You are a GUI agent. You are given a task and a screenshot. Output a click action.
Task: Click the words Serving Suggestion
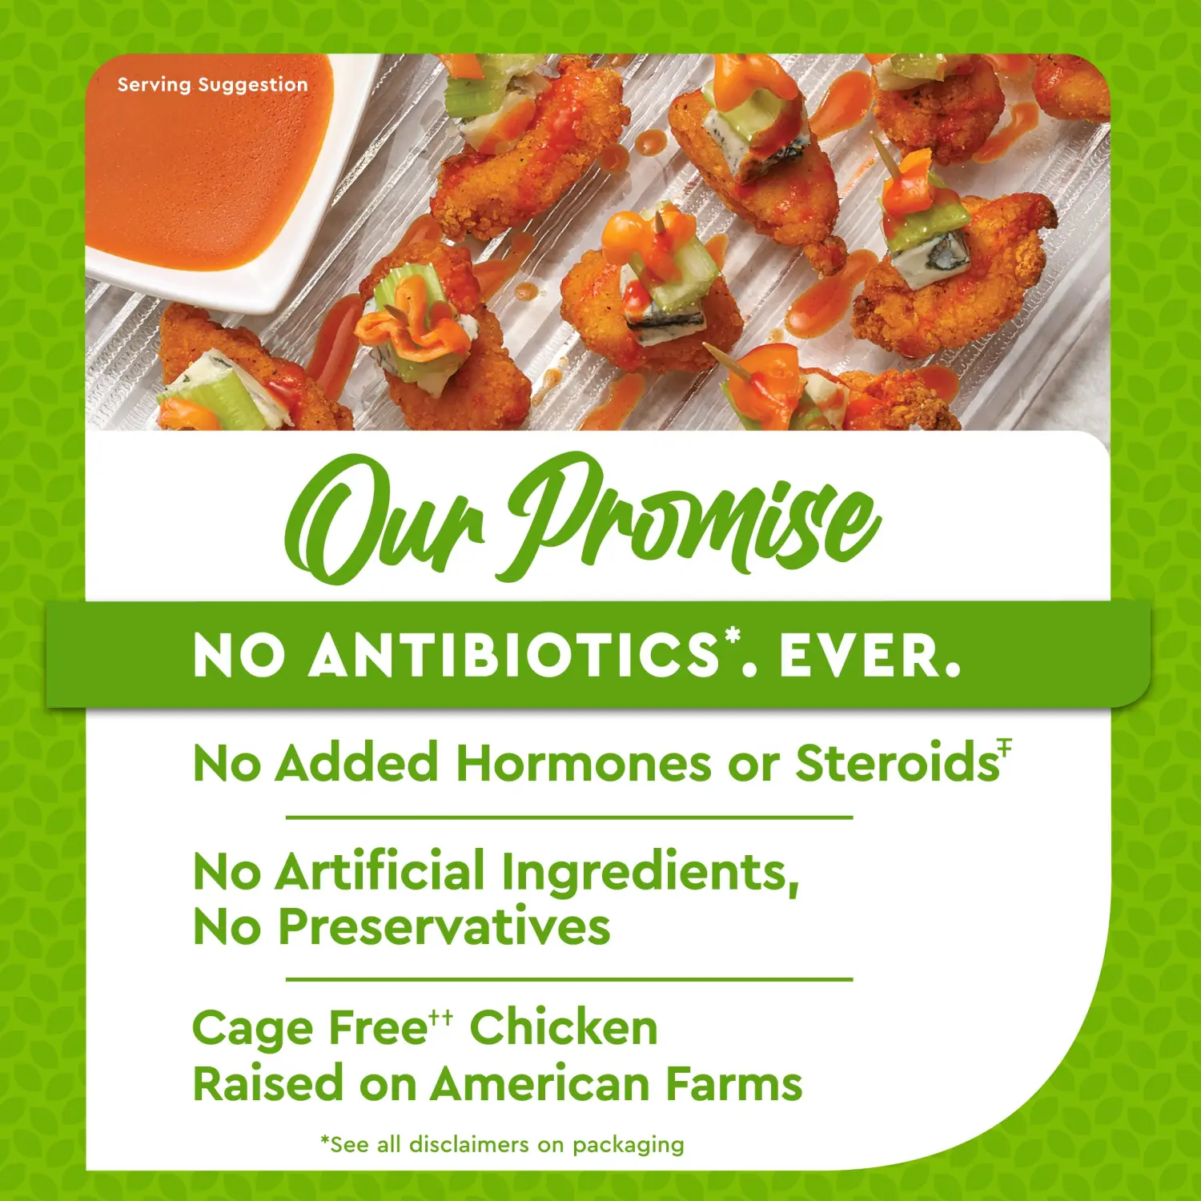point(212,85)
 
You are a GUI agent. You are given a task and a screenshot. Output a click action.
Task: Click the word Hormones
point(584,762)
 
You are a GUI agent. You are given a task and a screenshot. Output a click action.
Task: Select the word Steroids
point(897,762)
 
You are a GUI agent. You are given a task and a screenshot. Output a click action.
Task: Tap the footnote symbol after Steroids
point(1006,746)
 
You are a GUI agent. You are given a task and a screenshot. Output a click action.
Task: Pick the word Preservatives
point(444,926)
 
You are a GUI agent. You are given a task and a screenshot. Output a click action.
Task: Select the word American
point(540,1084)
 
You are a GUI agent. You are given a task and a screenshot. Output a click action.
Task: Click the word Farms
point(734,1084)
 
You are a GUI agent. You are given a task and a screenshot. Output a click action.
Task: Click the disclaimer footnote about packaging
point(502,1145)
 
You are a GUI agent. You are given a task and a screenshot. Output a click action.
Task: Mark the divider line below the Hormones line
point(569,817)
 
